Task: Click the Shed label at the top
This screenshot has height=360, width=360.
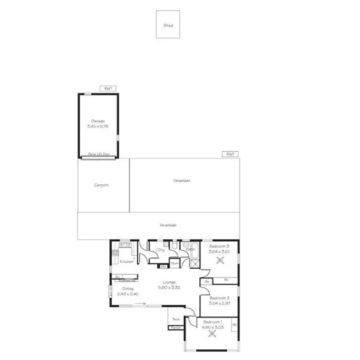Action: pyautogui.click(x=168, y=25)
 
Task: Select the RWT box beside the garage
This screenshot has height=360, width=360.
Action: pyautogui.click(x=108, y=88)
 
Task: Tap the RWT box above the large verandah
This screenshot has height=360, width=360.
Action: pyautogui.click(x=230, y=154)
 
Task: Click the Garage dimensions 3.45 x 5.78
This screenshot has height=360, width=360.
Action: pyautogui.click(x=98, y=126)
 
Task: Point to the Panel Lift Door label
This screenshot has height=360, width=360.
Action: pyautogui.click(x=98, y=154)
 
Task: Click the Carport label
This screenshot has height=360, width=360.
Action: pyautogui.click(x=101, y=185)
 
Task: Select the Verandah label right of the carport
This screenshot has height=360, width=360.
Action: pyautogui.click(x=182, y=181)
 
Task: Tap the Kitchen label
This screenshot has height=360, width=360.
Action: pyautogui.click(x=127, y=262)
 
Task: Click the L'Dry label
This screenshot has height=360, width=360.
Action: pyautogui.click(x=160, y=250)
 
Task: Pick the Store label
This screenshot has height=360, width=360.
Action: pyautogui.click(x=174, y=263)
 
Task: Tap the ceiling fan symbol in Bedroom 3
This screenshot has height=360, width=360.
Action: pyautogui.click(x=219, y=260)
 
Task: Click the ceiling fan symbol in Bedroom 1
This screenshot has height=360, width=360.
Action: pyautogui.click(x=211, y=335)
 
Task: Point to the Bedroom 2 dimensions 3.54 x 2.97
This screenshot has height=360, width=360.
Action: pyautogui.click(x=219, y=303)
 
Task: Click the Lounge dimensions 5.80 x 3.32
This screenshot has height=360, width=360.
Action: pyautogui.click(x=169, y=288)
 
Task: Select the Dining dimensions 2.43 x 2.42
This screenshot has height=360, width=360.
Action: pyautogui.click(x=128, y=294)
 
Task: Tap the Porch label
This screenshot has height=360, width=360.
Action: pyautogui.click(x=176, y=319)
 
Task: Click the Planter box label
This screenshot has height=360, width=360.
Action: pyautogui.click(x=176, y=328)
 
